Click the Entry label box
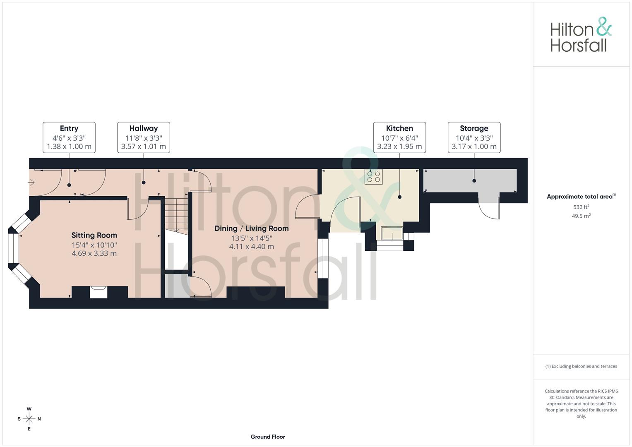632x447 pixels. coord(69,137)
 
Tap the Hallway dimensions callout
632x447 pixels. coord(144,137)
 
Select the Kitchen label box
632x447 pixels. coord(399,137)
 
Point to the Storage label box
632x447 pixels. coord(474,137)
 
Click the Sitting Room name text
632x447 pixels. coord(94,235)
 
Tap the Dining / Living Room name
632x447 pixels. coord(251,228)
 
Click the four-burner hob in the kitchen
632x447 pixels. coord(374,177)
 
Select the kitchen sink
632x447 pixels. coord(392,233)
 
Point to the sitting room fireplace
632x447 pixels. coord(99,292)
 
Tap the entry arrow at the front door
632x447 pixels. coord(31,183)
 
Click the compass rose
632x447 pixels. coord(29,419)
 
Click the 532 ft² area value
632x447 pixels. coord(581,207)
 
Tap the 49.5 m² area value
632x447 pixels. coord(581,216)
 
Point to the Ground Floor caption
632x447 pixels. coord(268,437)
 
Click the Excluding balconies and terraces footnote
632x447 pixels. coord(581,366)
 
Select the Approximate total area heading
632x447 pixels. coord(581,197)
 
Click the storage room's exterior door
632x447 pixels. coord(489,209)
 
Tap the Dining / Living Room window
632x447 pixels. coord(323,259)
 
